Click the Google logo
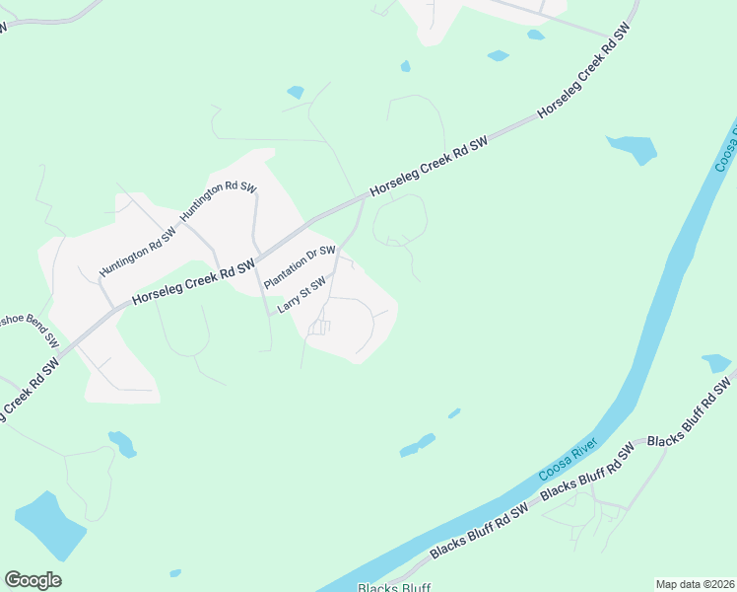tap(33, 580)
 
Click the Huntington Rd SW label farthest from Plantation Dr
tap(137, 253)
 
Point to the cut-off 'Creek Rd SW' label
tap(29, 392)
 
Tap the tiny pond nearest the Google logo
tap(174, 573)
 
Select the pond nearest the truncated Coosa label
tap(633, 148)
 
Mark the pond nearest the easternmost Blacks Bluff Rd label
tap(716, 363)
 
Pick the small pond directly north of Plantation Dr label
tap(295, 93)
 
